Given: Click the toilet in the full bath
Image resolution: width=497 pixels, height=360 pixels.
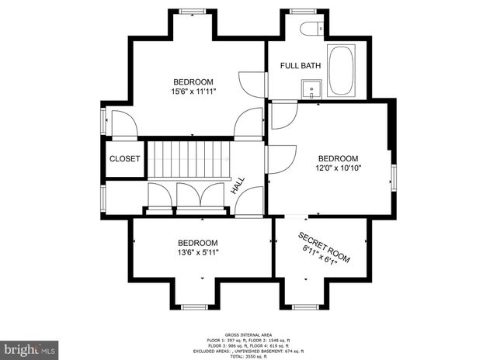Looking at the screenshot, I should (x=310, y=31).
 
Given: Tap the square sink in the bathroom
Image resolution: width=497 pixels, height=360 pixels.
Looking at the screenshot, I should (x=311, y=88).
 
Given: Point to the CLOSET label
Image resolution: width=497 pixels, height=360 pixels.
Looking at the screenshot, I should (x=124, y=159).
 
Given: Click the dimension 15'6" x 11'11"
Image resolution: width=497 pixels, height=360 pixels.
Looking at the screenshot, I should (x=193, y=92).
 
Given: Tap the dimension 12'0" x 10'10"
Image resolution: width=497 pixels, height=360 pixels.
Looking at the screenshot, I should (x=339, y=167).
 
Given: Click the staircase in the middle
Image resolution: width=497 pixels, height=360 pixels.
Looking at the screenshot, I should (x=189, y=158).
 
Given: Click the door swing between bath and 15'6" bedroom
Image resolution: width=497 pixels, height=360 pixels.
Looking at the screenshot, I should (x=248, y=81).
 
